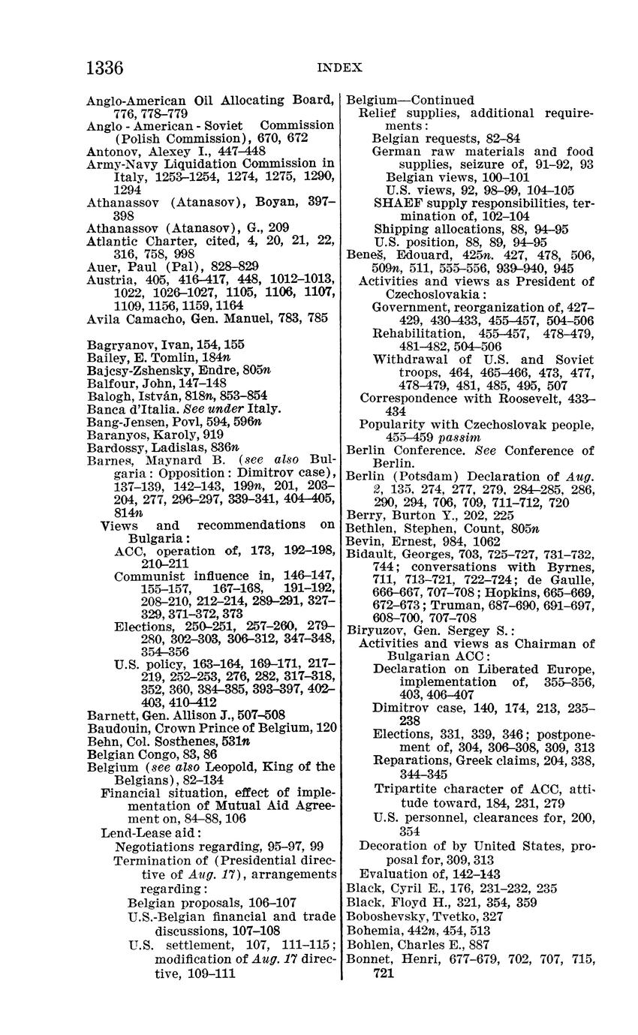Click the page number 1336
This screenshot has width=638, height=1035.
(x=105, y=68)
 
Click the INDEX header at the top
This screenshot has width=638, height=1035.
(x=340, y=68)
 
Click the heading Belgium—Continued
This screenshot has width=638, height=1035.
(x=410, y=101)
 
